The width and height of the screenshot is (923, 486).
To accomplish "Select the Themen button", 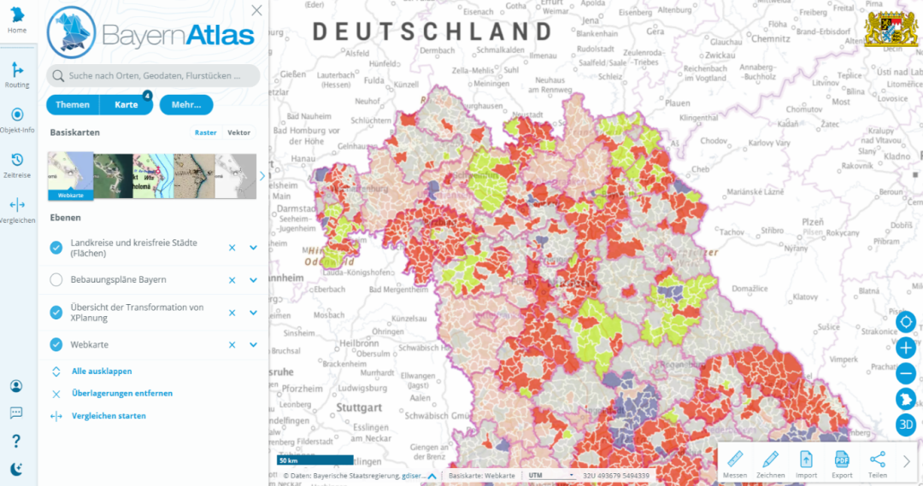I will [73, 105].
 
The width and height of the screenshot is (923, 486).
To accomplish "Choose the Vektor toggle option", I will [238, 132].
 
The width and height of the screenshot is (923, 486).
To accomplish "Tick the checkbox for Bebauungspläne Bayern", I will [56, 280].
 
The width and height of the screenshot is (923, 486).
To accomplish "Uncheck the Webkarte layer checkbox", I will [56, 345].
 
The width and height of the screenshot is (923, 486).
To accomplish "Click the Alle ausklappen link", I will [102, 372].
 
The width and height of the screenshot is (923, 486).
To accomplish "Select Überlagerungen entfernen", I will [122, 394].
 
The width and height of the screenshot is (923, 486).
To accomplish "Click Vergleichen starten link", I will [109, 416].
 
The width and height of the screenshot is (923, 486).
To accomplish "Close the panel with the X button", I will [256, 10].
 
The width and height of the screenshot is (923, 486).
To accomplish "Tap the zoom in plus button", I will [906, 348].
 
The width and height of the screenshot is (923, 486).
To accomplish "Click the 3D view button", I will [906, 425].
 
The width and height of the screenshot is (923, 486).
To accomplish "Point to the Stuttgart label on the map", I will [357, 408].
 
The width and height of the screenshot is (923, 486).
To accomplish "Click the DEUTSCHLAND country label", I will [432, 32].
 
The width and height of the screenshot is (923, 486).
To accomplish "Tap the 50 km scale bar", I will [315, 460].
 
